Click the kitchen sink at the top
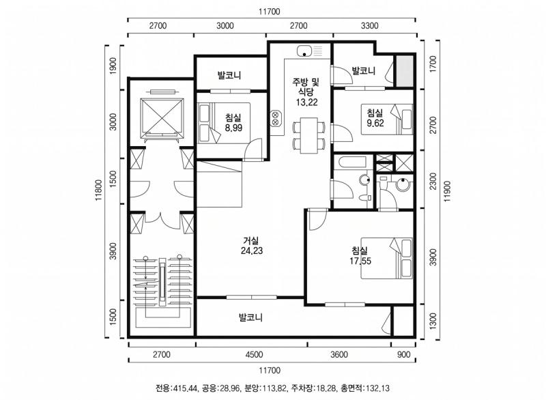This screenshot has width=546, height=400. click(310, 51)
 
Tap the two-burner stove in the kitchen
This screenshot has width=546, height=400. click(275, 117)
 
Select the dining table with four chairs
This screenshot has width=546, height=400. click(309, 135)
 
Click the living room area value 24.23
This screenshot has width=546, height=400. click(252, 251)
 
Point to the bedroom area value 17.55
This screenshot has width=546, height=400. click(360, 261)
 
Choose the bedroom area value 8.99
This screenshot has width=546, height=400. click(233, 128)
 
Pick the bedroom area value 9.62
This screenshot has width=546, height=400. click(375, 123)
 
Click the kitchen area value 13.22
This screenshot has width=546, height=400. click(306, 102)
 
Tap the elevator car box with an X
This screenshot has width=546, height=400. click(162, 117)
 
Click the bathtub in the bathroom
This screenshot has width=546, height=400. click(350, 162)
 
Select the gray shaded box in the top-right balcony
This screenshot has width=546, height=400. click(404, 71)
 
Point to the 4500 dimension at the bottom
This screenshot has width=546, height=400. click(254, 354)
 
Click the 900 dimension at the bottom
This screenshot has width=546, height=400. click(403, 354)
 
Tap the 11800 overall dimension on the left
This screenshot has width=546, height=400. click(98, 190)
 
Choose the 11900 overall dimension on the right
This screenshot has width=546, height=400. click(448, 190)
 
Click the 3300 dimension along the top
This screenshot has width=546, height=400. click(369, 25)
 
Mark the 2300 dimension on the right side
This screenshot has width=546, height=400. click(433, 181)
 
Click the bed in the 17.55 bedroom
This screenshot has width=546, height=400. click(386, 258)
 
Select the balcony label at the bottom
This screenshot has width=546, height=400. click(250, 317)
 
